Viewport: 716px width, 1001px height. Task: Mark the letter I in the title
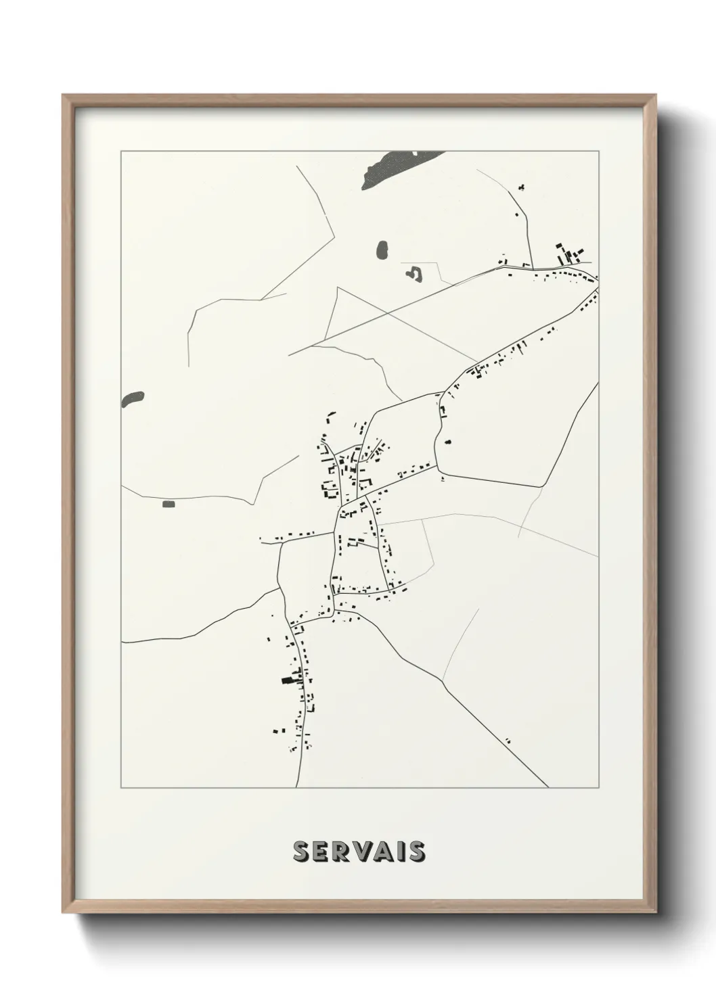coord(399,852)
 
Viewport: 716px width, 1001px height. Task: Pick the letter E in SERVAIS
coord(321,852)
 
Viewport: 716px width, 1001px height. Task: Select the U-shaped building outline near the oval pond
coord(413,274)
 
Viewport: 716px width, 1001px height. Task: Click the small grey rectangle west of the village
coord(168,503)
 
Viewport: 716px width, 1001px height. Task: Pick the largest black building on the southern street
coord(288,680)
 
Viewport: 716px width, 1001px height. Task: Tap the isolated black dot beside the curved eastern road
coord(447,442)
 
